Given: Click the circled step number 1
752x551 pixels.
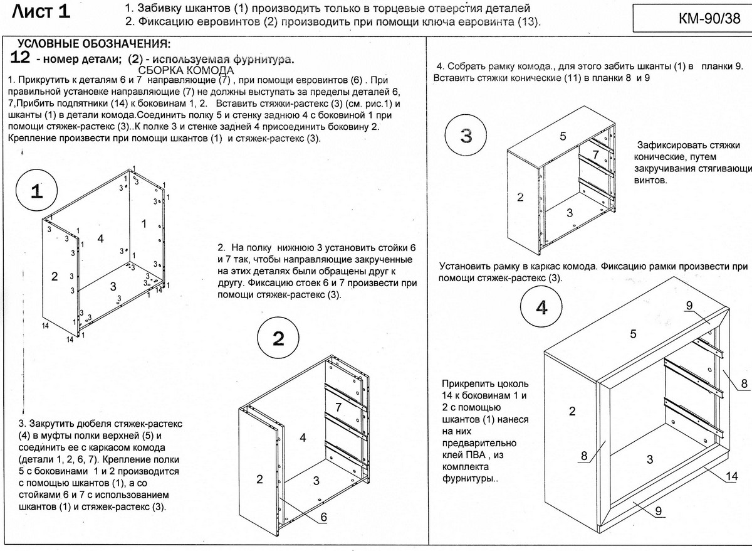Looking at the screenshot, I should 36,193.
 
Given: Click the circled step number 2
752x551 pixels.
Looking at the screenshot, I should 278,339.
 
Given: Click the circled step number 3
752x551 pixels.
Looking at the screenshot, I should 466,137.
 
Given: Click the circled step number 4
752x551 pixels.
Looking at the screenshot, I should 542,308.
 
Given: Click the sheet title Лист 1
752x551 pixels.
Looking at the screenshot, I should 41,13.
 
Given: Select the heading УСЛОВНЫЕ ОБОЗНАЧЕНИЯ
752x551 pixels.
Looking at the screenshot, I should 93,45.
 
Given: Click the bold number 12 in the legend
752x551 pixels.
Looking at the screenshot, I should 21,58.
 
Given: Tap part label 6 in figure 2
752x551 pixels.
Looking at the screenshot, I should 324,517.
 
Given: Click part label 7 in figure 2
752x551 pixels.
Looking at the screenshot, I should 338,407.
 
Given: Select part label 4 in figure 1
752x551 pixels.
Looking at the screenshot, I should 100,238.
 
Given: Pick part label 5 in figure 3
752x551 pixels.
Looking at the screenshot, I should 563,136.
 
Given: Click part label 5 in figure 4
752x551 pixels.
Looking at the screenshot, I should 634,334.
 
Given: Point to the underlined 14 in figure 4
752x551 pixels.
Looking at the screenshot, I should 731,476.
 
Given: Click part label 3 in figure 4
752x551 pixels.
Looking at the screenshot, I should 650,459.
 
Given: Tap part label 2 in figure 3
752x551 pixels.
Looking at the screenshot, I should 520,197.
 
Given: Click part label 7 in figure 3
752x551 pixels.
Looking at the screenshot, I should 596,154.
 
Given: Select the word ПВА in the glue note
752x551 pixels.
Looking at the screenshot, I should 478,454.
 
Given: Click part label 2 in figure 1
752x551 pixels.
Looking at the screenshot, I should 55,276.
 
